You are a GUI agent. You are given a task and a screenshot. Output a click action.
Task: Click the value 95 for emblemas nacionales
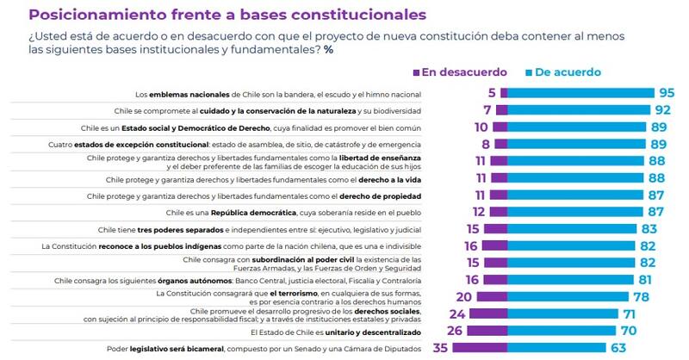667,93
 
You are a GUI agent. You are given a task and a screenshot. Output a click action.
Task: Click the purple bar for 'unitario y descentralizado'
482,331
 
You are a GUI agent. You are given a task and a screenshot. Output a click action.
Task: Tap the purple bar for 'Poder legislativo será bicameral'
475,349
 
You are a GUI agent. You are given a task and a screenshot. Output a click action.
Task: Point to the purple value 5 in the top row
490,93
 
